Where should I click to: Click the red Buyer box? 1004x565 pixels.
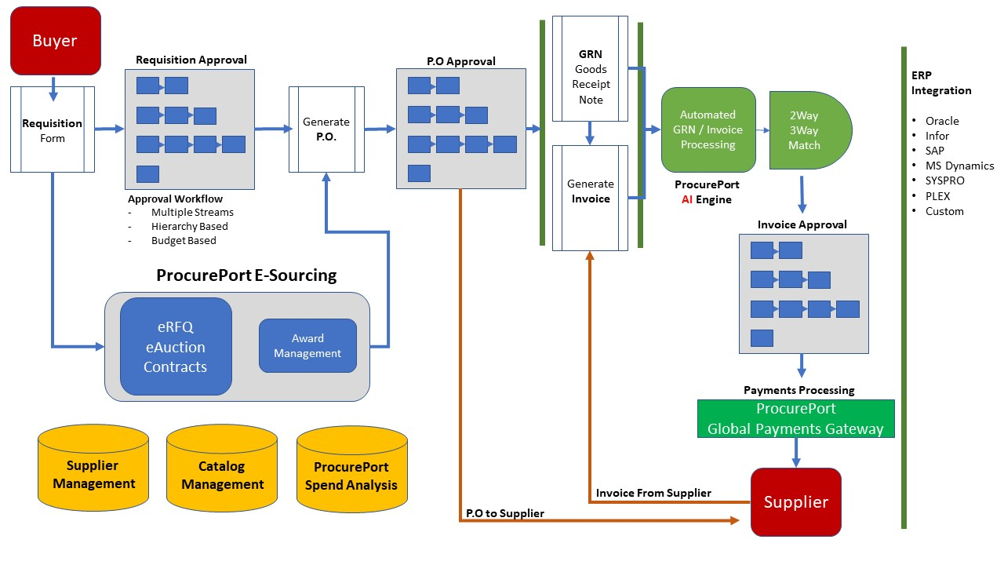[x=55, y=41]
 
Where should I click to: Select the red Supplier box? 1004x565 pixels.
[x=795, y=502]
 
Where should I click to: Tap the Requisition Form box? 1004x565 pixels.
[x=53, y=129]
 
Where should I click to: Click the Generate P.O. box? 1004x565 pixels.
[x=326, y=129]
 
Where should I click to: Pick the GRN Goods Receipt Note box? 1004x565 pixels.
[x=590, y=69]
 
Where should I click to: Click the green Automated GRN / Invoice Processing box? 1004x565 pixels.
[x=708, y=129]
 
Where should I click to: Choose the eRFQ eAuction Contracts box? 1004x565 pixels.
[x=176, y=346]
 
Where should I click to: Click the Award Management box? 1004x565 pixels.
[x=307, y=346]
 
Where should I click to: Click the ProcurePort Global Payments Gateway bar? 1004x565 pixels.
[x=795, y=419]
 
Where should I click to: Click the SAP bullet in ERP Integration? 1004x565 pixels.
[x=935, y=151]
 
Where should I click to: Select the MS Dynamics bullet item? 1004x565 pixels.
[x=959, y=166]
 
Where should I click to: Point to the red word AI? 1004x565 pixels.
[x=687, y=199]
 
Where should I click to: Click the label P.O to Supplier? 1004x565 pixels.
[x=504, y=513]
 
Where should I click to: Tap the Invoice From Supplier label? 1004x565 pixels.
[x=653, y=493]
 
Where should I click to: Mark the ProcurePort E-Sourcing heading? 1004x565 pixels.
[x=246, y=275]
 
